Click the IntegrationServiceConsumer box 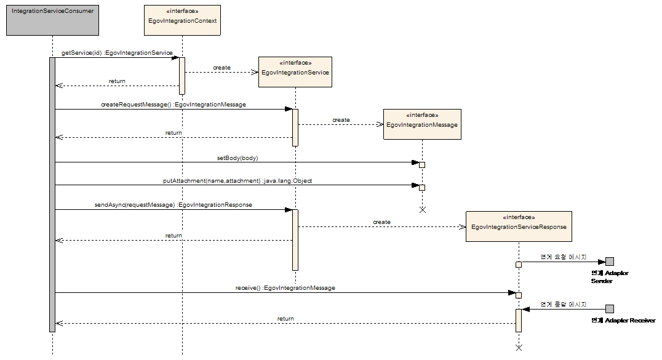[52, 20]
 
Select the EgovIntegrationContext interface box [182, 20]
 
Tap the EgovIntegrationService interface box [295, 72]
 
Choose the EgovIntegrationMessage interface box [422, 124]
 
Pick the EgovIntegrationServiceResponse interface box [519, 226]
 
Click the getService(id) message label [117, 53]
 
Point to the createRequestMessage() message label [173, 105]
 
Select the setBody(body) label [237, 158]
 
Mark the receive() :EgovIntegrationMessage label [285, 287]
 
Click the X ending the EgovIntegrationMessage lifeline [422, 210]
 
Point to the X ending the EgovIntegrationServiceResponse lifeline [519, 348]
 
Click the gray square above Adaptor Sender [610, 262]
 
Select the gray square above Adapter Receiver [610, 309]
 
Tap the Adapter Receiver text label [623, 321]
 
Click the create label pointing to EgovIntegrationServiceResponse [381, 222]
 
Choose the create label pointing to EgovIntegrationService [221, 68]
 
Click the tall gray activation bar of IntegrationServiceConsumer [52, 194]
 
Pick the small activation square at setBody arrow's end [422, 164]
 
